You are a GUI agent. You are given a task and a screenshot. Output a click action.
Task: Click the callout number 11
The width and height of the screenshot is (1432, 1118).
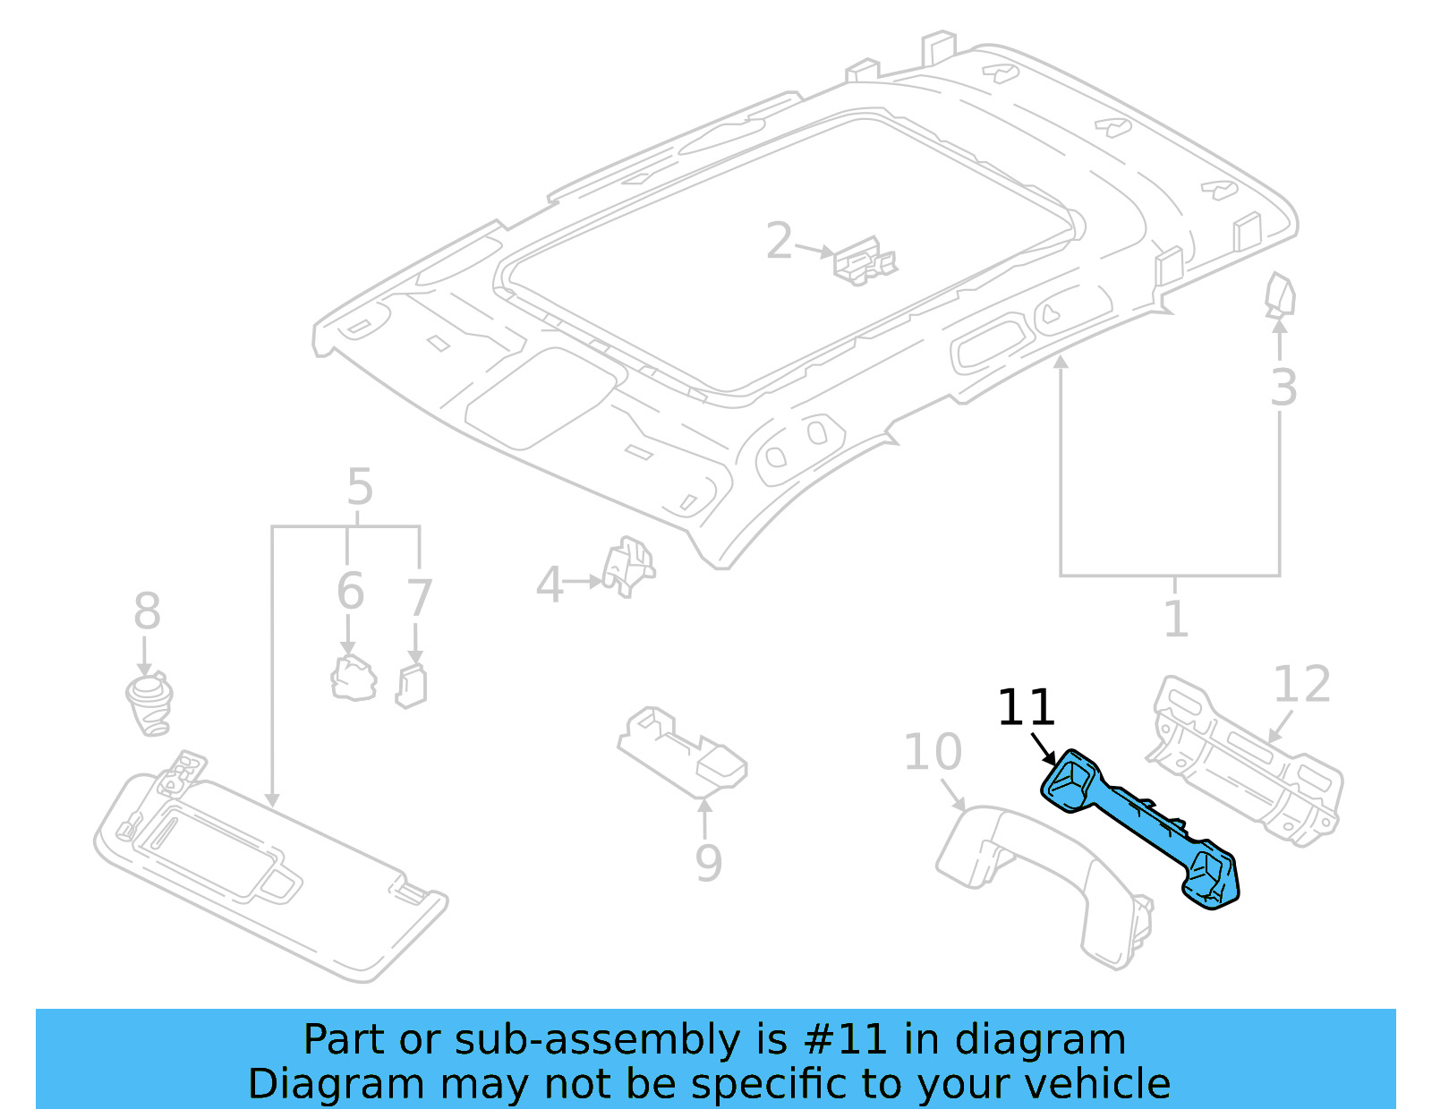pos(1026,707)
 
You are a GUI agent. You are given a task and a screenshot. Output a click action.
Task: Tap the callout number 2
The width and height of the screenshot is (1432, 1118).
pos(779,241)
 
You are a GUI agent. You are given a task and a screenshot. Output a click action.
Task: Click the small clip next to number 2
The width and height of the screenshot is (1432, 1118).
pos(864,260)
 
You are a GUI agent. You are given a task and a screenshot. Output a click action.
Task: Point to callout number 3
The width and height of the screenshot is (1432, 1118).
pos(1283,388)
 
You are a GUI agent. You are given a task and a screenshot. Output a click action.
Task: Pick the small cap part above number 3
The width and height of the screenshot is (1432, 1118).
pos(1280,296)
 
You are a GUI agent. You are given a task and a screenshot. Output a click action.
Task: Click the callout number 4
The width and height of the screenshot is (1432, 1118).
pos(549,585)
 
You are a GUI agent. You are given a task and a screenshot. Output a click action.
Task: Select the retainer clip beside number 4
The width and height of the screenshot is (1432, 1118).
pos(629,566)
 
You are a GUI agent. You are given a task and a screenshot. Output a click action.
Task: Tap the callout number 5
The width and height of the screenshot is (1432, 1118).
pos(359,487)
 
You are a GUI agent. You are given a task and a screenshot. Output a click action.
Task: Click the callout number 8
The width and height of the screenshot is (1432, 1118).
pos(147,611)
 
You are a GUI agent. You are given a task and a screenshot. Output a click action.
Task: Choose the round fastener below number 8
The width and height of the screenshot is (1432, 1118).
pos(149,704)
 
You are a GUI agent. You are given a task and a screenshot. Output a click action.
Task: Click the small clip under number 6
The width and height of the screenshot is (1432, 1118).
pos(354,678)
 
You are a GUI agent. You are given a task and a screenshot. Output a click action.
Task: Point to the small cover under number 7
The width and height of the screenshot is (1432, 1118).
pos(412,687)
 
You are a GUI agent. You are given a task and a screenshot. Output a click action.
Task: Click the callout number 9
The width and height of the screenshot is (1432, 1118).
pos(707,862)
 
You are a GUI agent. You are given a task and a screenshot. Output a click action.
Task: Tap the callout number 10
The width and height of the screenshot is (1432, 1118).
pos(932,751)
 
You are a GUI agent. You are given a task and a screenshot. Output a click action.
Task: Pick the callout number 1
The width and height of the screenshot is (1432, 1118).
pos(1175,619)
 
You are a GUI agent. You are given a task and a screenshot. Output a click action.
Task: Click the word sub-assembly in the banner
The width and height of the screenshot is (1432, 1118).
pos(595,1039)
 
